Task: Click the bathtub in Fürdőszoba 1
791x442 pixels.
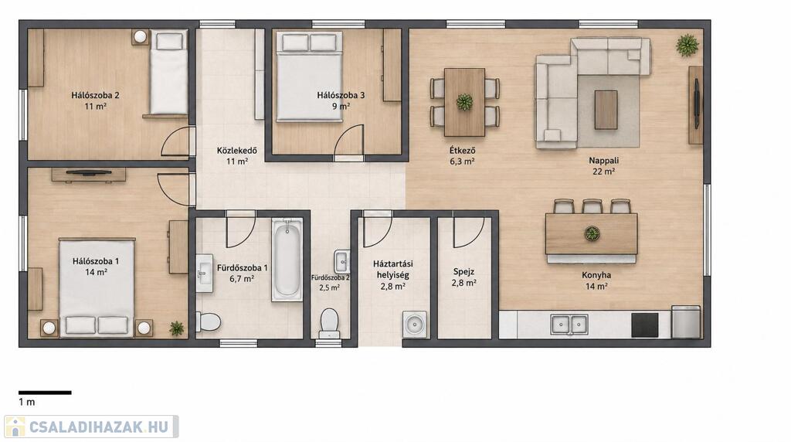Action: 287,260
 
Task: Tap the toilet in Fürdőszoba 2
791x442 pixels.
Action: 329,324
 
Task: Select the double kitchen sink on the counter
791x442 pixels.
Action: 569,324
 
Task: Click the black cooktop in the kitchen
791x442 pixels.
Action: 645,325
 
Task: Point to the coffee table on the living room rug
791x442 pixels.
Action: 606,110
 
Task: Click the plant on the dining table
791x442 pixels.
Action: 464,102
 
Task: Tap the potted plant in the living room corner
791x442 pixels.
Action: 687,46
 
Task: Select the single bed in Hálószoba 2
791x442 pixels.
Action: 168,72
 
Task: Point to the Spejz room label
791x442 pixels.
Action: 463,271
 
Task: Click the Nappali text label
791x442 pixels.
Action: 604,161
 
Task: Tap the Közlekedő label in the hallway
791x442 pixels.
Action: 236,151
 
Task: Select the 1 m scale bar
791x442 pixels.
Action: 45,392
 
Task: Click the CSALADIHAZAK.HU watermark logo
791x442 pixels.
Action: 91,427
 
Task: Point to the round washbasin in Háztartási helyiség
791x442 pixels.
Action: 415,325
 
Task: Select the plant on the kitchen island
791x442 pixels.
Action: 592,233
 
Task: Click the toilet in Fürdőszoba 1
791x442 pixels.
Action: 208,321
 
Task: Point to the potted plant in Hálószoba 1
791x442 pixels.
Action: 176,328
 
